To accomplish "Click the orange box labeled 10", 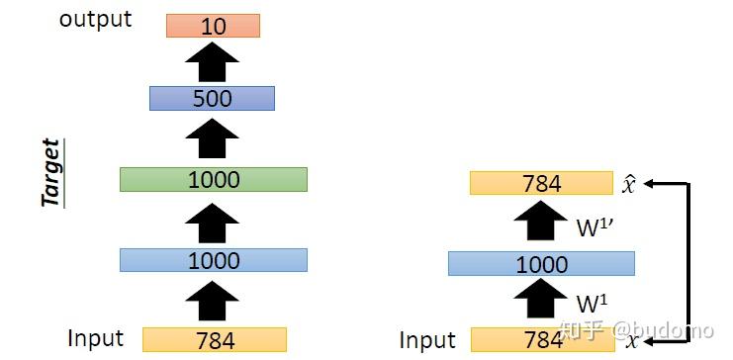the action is click(x=213, y=27).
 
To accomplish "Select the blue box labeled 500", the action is click(x=212, y=98).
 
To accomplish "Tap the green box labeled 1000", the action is click(x=213, y=179).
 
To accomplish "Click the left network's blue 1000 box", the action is click(x=213, y=260).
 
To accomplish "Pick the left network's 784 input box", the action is click(x=215, y=340).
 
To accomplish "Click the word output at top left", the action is click(x=95, y=20).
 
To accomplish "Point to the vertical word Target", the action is click(x=50, y=173).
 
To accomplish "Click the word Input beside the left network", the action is click(x=95, y=338).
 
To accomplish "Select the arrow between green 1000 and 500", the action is click(x=213, y=138).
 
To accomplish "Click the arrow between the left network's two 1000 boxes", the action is click(x=213, y=220).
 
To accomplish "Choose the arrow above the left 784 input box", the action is click(x=213, y=301).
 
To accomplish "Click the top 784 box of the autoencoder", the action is click(x=541, y=183).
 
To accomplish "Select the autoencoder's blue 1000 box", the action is click(x=541, y=264).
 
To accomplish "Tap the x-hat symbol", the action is click(x=629, y=183).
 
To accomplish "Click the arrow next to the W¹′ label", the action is click(x=541, y=223).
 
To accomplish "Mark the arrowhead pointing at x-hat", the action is click(x=653, y=183).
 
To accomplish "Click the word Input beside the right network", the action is click(x=427, y=340).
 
